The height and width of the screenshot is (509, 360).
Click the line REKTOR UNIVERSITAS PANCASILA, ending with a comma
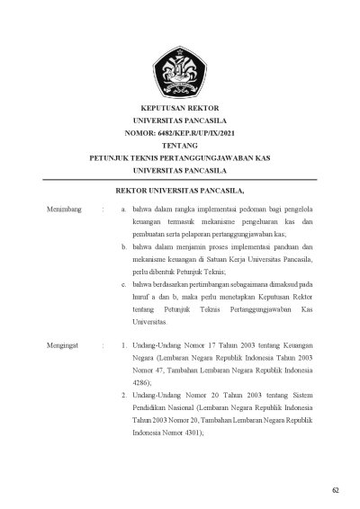[x=180, y=191]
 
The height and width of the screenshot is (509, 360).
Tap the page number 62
[x=335, y=489]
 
